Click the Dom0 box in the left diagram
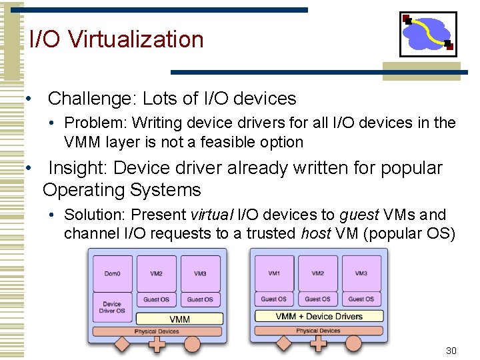click(x=112, y=273)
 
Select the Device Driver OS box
click(x=112, y=307)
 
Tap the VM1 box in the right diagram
click(x=274, y=273)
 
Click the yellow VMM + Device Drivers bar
click(x=319, y=316)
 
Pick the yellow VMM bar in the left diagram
click(x=180, y=319)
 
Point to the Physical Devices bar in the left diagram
click(x=157, y=331)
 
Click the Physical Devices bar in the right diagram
click(x=318, y=331)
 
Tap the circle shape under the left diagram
click(x=192, y=345)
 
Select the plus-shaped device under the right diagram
click(x=319, y=344)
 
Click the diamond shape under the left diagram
click(x=122, y=345)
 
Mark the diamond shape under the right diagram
click(x=284, y=344)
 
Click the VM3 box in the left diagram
click(x=200, y=273)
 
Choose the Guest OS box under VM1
click(x=274, y=299)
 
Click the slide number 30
click(x=451, y=351)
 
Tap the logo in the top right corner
click(x=428, y=34)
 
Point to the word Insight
click(x=74, y=168)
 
